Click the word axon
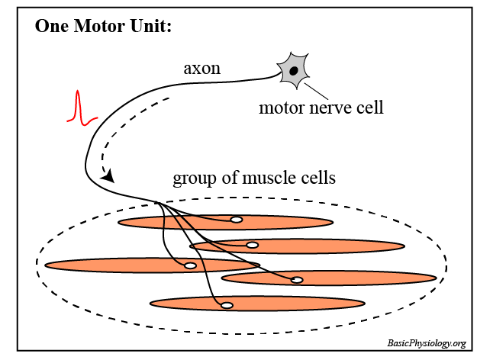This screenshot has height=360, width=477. pyautogui.click(x=202, y=69)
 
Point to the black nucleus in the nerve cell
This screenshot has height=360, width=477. pyautogui.click(x=293, y=70)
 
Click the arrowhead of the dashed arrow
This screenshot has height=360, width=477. pyautogui.click(x=109, y=176)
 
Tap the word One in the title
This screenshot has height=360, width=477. pyautogui.click(x=51, y=27)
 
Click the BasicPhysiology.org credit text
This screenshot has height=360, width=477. pyautogui.click(x=427, y=344)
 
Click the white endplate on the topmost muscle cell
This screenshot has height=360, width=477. pyautogui.click(x=237, y=220)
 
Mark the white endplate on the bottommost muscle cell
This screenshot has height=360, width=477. pyautogui.click(x=227, y=306)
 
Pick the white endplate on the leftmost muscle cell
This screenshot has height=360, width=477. pyautogui.click(x=191, y=265)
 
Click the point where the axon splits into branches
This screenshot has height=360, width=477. pyautogui.click(x=156, y=203)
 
